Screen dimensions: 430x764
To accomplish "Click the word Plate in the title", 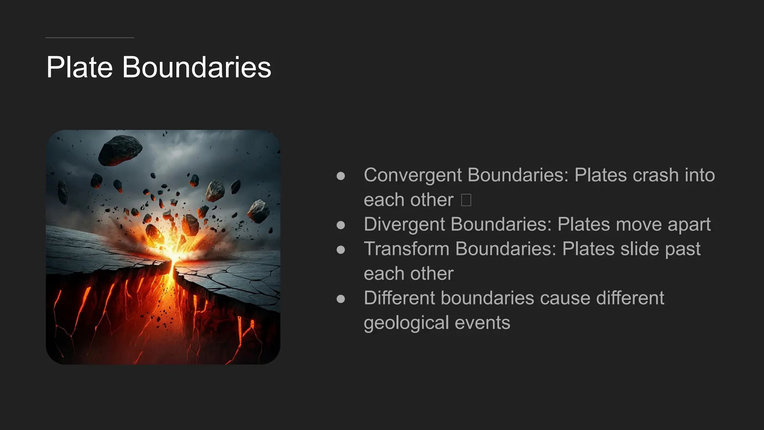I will [x=79, y=67].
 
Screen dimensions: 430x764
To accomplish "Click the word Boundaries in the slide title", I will [x=197, y=67].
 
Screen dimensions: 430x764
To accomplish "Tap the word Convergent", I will [x=413, y=175].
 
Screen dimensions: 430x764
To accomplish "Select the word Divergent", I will [x=404, y=224].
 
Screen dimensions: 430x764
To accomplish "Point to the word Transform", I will [x=407, y=249].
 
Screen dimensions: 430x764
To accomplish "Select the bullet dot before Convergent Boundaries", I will [x=341, y=176].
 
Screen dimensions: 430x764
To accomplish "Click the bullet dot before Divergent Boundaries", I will [x=341, y=225].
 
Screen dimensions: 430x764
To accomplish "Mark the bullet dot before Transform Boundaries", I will [x=341, y=250].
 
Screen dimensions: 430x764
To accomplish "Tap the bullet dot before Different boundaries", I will [x=341, y=299].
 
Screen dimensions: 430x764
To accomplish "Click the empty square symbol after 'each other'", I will [x=466, y=200].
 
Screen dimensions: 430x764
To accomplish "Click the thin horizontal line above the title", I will [x=90, y=38].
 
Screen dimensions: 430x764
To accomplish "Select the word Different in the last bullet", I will [x=400, y=298].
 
